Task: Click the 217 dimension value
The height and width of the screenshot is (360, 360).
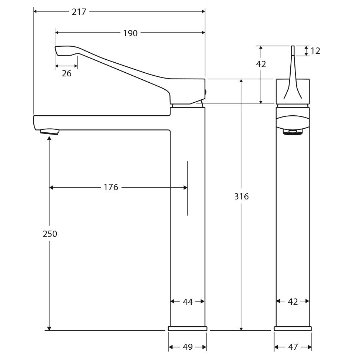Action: (x=79, y=12)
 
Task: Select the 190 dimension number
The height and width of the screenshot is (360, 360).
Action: (x=130, y=33)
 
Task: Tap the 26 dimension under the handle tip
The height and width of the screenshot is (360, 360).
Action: (x=66, y=73)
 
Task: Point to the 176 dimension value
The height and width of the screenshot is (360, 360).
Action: (x=110, y=188)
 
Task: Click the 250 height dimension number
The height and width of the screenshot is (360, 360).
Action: (x=50, y=234)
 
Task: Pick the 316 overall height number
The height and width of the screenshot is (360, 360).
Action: (x=241, y=196)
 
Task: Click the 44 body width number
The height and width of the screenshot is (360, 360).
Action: (x=188, y=302)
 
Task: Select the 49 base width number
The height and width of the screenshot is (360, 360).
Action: (x=188, y=347)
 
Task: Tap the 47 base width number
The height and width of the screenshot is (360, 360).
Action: (x=293, y=347)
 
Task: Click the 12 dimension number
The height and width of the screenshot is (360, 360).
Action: (x=315, y=51)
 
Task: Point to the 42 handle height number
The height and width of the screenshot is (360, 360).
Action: (x=261, y=64)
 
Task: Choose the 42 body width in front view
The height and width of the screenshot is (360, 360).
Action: (x=293, y=302)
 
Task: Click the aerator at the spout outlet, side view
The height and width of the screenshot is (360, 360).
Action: (x=49, y=131)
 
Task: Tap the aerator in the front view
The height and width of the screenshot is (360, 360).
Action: (x=293, y=132)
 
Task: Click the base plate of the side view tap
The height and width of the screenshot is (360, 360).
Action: (x=188, y=328)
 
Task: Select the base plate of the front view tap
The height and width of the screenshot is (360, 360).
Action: (x=293, y=328)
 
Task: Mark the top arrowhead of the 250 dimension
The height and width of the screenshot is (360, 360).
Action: (x=49, y=138)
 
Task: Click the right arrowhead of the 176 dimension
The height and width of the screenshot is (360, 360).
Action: (x=185, y=188)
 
